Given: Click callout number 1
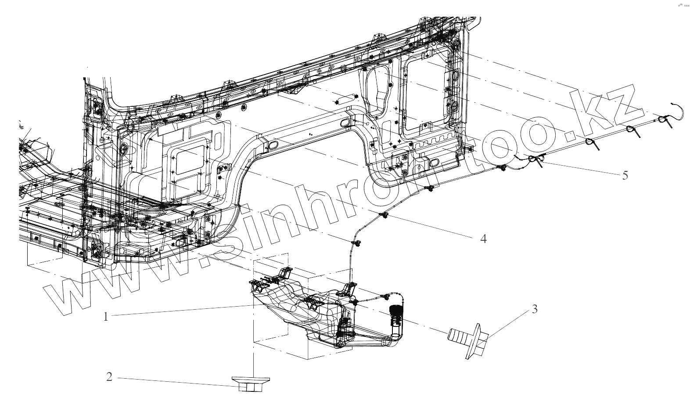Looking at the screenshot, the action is (105, 316).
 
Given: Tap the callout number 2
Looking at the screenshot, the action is (109, 377).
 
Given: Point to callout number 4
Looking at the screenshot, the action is (483, 239).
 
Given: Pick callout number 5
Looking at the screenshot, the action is (625, 175).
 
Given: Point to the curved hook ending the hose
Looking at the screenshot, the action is (678, 110).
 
